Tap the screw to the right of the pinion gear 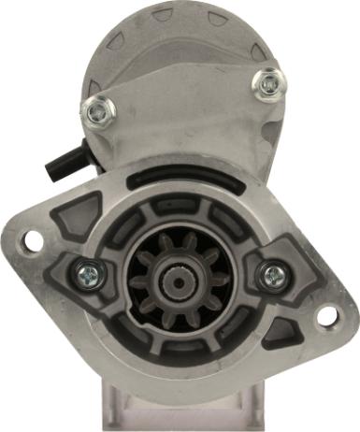pyautogui.click(x=272, y=274)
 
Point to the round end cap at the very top pyautogui.click(x=180, y=37)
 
